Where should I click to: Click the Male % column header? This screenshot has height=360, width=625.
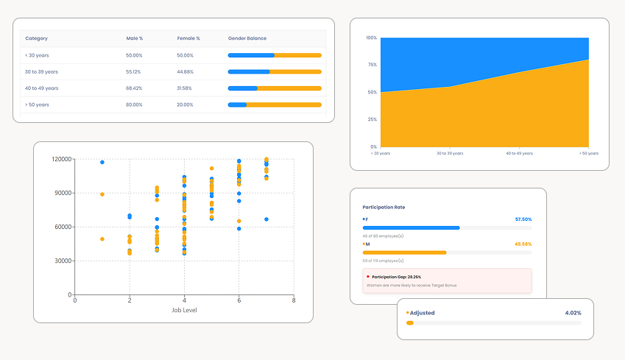click(134, 38)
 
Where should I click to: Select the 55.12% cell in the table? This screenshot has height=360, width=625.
click(133, 71)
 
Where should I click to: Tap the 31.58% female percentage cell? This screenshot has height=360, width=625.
click(185, 88)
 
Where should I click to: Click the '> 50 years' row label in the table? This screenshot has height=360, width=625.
click(37, 105)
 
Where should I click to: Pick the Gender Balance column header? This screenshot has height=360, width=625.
click(247, 38)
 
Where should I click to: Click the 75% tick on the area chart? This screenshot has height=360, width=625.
click(372, 65)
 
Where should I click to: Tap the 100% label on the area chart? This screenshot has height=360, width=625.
click(372, 38)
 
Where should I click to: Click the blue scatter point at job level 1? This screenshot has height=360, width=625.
click(102, 162)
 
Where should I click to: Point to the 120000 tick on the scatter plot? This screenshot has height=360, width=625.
click(62, 159)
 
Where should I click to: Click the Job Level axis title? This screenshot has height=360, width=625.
click(183, 310)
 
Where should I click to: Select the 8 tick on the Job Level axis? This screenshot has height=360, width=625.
click(293, 300)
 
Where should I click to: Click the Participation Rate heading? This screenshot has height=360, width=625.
click(384, 208)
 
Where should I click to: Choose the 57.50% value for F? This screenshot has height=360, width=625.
click(523, 219)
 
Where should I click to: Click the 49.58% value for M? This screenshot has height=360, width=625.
click(523, 244)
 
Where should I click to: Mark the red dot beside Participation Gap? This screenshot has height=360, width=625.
click(367, 276)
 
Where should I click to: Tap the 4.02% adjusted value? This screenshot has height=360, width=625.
click(573, 313)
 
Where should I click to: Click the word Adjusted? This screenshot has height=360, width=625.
click(422, 313)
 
